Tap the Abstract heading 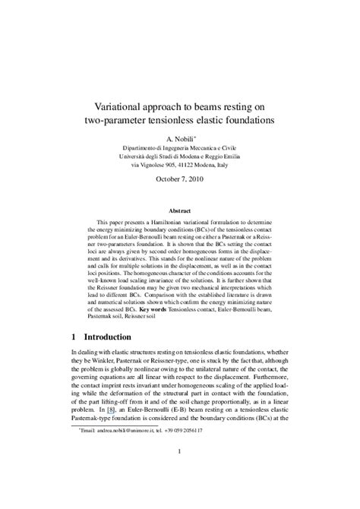tap(181, 207)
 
